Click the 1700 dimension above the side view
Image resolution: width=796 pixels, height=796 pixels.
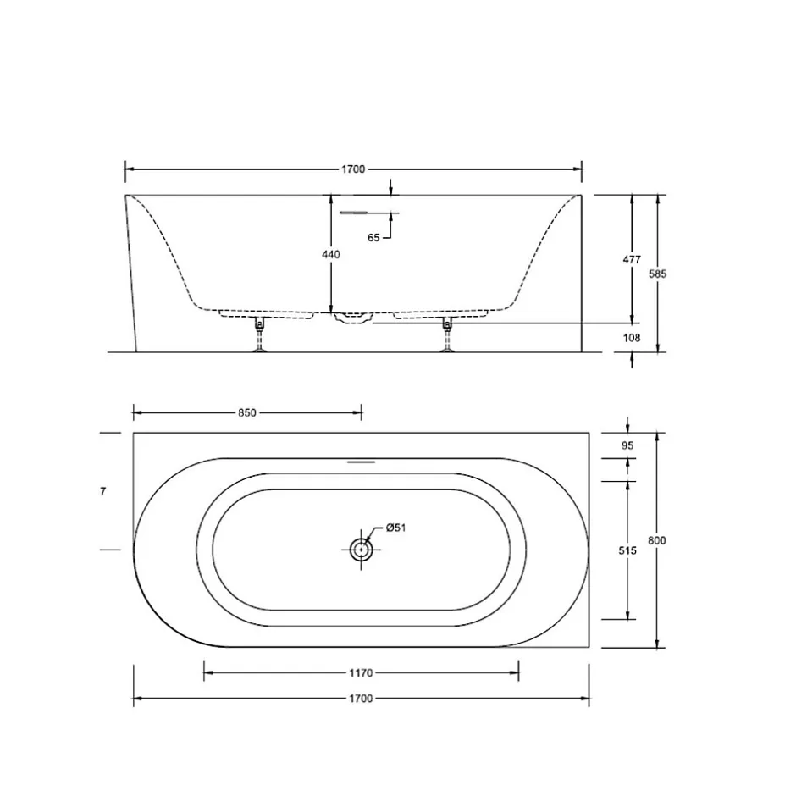click(353, 169)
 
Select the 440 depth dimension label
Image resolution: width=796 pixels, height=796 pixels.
click(331, 254)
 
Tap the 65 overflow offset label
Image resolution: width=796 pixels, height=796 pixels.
click(373, 238)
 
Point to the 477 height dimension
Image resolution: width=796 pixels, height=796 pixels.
click(632, 259)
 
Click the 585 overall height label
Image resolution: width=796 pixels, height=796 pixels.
click(657, 274)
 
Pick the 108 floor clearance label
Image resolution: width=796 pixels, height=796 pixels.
click(632, 338)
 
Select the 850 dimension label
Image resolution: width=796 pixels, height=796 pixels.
click(247, 413)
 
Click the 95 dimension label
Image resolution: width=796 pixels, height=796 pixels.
click(627, 445)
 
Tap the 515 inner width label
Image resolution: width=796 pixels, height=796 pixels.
click(627, 550)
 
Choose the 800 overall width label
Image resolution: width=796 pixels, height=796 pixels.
click(657, 540)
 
